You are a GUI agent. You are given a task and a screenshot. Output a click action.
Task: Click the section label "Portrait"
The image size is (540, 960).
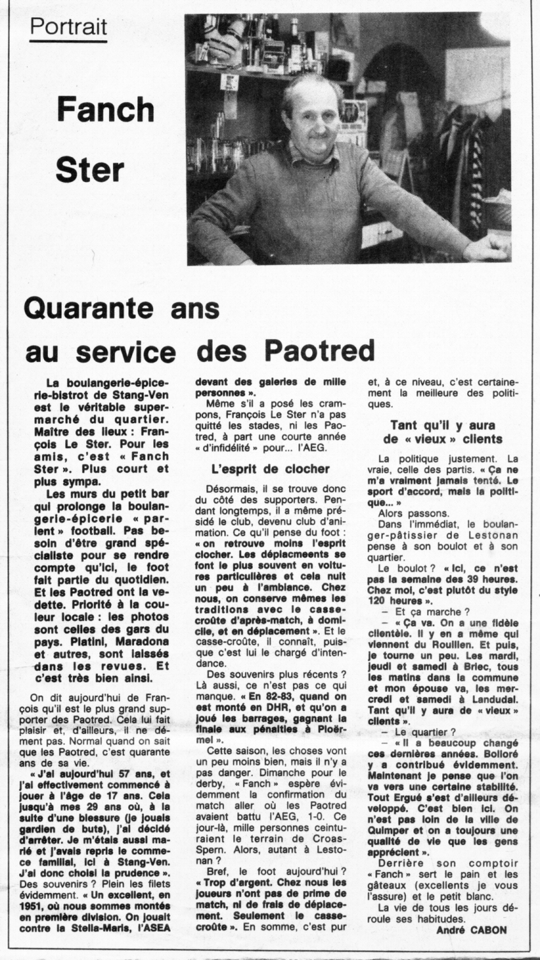[x=68, y=26]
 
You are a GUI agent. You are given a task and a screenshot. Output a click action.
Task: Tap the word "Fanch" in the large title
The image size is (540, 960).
[x=105, y=110]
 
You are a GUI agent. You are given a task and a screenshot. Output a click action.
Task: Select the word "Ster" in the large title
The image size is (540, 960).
[x=89, y=170]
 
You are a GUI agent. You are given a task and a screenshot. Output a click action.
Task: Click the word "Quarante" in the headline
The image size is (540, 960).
[x=89, y=309]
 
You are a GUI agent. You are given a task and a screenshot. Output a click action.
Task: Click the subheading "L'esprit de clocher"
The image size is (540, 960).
[x=270, y=469]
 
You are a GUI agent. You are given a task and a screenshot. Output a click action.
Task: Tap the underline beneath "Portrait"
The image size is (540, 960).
[x=68, y=40]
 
